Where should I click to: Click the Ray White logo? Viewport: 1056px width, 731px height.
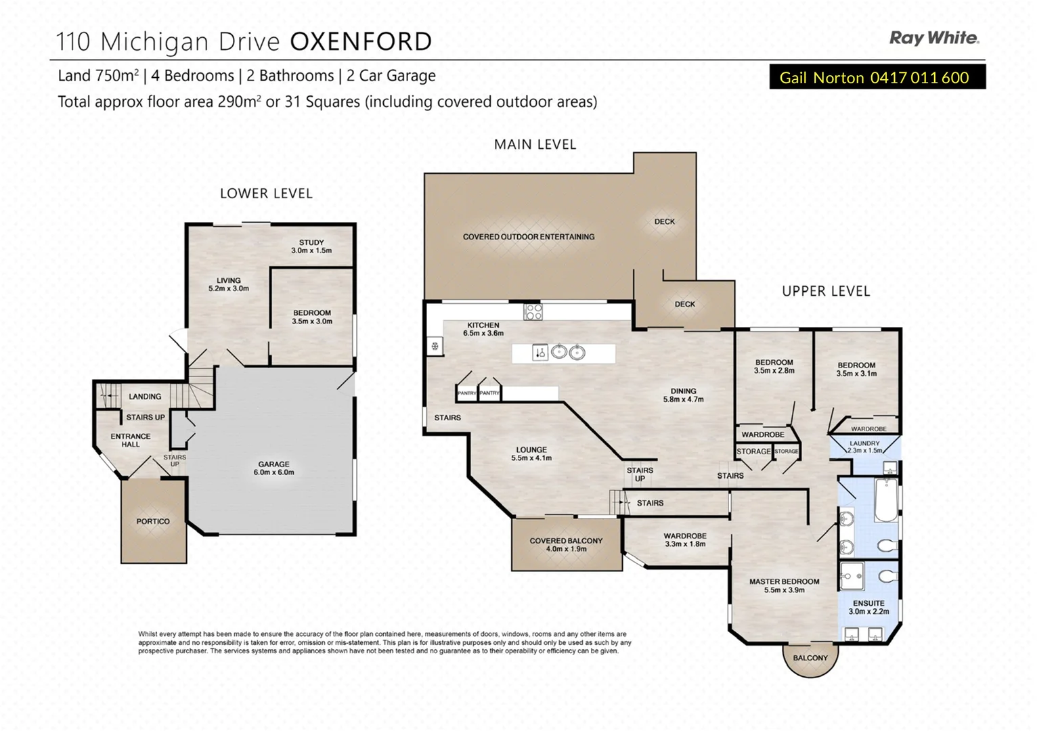pos(933,38)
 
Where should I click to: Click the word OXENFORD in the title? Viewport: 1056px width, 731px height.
pos(361,42)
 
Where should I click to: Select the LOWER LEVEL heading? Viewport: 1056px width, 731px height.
pos(266,194)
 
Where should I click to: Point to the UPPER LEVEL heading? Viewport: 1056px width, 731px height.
pos(825,291)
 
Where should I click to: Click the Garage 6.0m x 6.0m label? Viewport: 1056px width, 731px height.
pos(273,468)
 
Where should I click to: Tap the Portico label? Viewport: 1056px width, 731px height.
pos(153,521)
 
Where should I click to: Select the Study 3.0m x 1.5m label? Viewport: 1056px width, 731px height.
pos(311,246)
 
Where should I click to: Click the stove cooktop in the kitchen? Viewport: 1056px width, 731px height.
pos(533,311)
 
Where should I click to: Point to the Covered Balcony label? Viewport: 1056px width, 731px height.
pos(566,545)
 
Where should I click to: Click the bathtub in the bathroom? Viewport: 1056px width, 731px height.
pos(885,501)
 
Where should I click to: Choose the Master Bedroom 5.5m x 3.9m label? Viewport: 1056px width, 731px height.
pos(784,585)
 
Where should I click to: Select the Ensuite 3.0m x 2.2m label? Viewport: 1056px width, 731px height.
pos(868,607)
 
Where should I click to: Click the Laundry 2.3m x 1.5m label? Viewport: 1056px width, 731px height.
pos(864,447)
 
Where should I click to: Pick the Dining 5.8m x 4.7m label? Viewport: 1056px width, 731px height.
pos(683,395)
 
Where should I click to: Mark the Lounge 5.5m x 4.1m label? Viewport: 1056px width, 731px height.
pos(531,453)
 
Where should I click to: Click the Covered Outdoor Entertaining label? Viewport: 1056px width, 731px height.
pos(529,237)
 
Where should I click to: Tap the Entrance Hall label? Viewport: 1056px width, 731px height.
pos(131,440)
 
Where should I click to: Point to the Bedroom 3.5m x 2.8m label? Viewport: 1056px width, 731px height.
pos(774,366)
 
